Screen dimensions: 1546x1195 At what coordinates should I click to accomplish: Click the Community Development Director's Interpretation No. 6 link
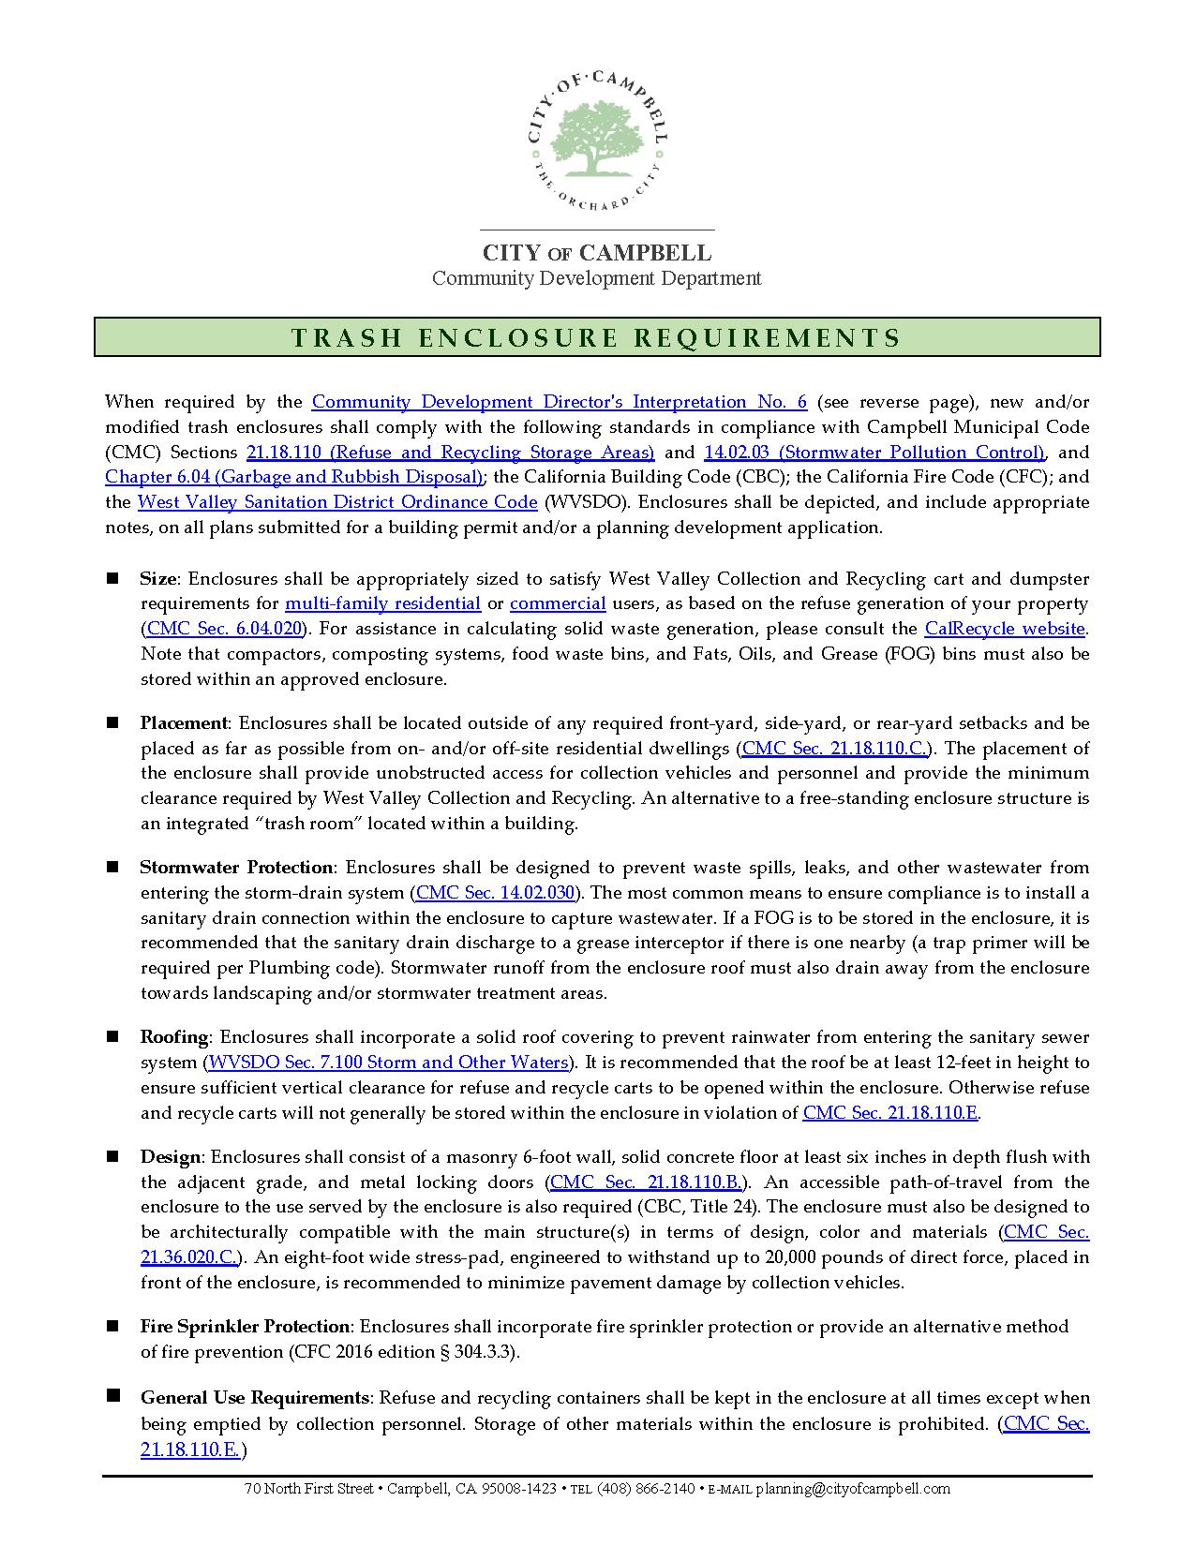pos(559,402)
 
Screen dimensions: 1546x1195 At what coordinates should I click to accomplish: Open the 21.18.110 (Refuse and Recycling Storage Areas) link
pos(450,453)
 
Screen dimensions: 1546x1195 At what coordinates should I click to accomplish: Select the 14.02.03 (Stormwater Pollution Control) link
pos(874,453)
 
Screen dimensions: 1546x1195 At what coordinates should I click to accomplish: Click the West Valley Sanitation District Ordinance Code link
pos(337,502)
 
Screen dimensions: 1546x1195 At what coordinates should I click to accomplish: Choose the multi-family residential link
pos(382,604)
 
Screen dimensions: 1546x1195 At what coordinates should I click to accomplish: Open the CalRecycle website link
pos(1005,629)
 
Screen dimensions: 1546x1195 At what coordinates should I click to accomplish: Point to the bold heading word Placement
pos(184,723)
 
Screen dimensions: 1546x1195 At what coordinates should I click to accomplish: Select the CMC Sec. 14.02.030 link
pos(495,893)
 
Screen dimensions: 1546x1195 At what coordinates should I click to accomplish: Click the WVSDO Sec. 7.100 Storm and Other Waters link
pos(388,1063)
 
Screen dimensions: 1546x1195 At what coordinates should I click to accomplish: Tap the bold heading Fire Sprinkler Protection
pos(245,1327)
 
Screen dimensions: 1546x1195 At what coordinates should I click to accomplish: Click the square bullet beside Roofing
pos(112,1036)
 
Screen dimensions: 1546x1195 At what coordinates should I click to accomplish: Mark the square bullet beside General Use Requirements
pos(112,1396)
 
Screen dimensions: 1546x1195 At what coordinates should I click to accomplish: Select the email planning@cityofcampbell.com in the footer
pos(853,1489)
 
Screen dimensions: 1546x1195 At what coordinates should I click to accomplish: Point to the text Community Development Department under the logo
pos(596,278)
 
